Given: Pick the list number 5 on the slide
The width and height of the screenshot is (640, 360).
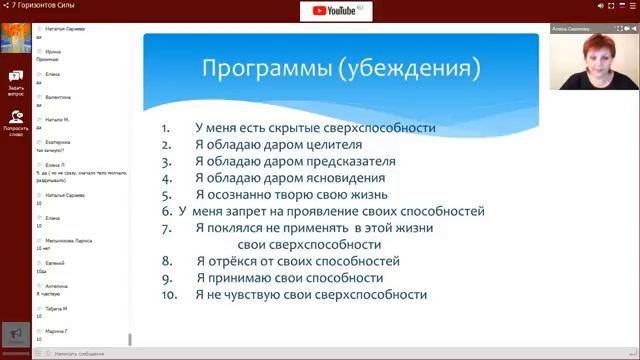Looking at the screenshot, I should pos(167,195).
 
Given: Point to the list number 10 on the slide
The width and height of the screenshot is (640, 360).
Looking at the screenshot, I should pos(169,295).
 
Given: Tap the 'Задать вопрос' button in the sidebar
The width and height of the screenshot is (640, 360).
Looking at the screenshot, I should pos(16,81).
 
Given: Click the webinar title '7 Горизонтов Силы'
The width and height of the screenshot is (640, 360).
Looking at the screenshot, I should pos(40,5).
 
